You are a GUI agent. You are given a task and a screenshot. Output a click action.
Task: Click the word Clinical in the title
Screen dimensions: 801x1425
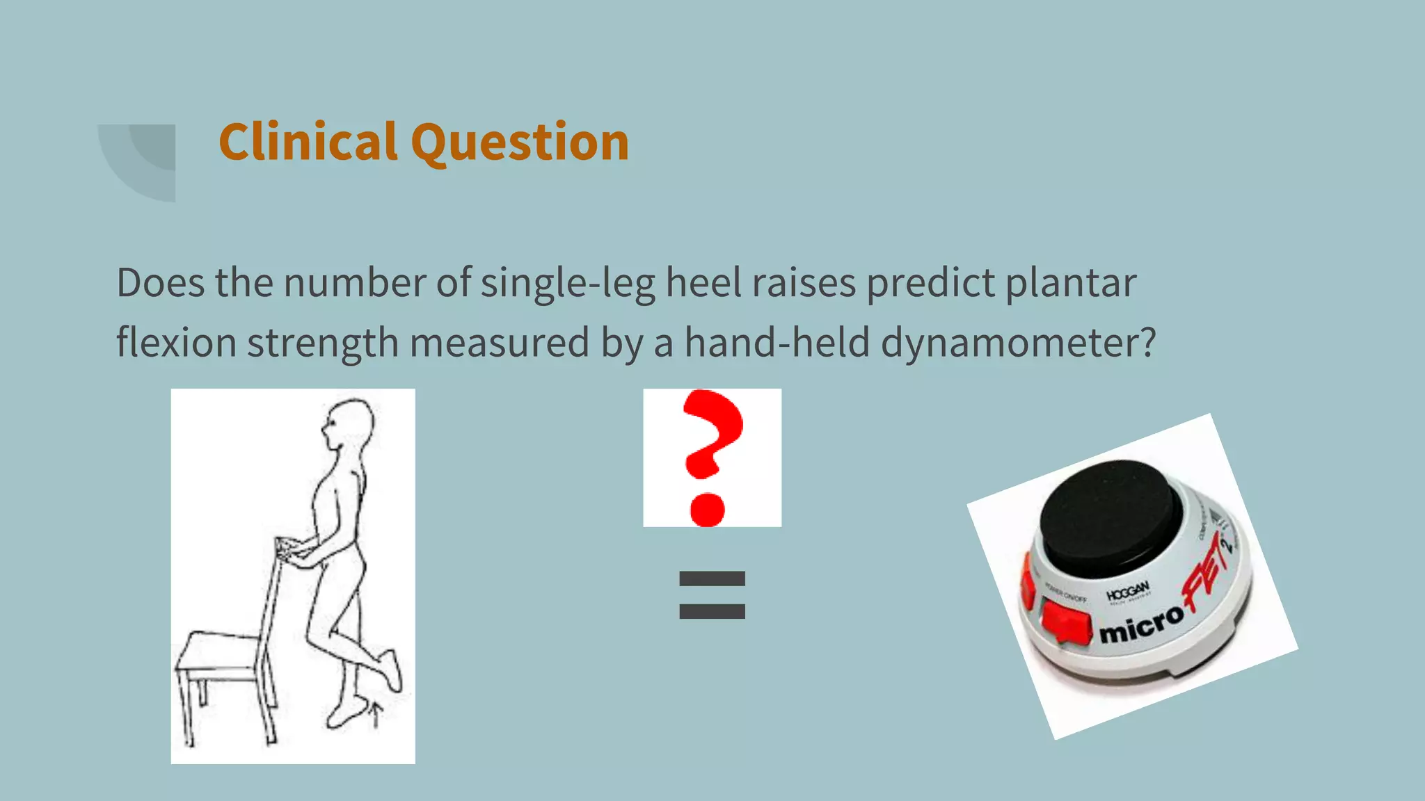pyautogui.click(x=308, y=142)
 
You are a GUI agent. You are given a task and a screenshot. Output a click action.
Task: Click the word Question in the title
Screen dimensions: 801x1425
pyautogui.click(x=520, y=143)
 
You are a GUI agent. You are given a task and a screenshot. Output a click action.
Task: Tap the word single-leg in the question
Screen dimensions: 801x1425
pyautogui.click(x=568, y=284)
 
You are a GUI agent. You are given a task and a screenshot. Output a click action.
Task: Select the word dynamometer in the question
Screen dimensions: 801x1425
pyautogui.click(x=1018, y=343)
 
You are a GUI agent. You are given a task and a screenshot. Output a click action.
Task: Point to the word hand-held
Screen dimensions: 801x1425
pyautogui.click(x=777, y=343)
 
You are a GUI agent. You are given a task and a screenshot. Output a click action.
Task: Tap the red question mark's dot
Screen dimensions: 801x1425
pyautogui.click(x=707, y=509)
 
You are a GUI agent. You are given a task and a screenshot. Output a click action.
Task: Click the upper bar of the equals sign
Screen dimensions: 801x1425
pyautogui.click(x=712, y=578)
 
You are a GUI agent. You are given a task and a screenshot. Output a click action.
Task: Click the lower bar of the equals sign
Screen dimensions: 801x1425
pyautogui.click(x=712, y=612)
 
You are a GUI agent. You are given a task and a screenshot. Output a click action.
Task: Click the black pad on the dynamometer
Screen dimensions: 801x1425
pyautogui.click(x=1110, y=515)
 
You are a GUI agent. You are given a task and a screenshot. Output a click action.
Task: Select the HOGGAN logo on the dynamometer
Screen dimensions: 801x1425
pyautogui.click(x=1128, y=592)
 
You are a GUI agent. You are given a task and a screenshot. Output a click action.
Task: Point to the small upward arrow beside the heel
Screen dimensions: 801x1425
pyautogui.click(x=376, y=713)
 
